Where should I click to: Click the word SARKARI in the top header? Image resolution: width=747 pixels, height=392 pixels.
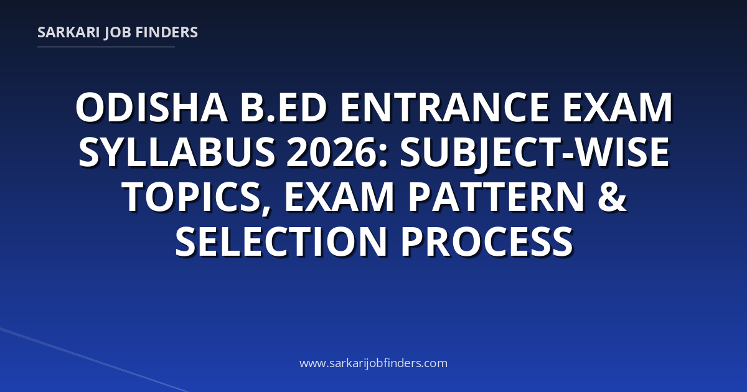point(68,32)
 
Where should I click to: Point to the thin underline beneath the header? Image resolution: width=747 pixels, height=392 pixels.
point(106,47)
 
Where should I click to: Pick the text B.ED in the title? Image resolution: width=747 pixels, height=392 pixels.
point(283,108)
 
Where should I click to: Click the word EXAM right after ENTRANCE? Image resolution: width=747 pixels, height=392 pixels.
point(618,108)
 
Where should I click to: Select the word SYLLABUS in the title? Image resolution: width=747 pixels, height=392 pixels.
point(177,152)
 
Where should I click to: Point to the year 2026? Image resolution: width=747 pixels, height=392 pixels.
point(333,152)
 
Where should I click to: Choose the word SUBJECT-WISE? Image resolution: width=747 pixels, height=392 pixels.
point(535,153)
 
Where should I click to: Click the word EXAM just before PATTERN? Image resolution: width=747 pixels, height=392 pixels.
point(339,197)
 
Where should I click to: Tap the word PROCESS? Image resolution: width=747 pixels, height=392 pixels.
point(487,241)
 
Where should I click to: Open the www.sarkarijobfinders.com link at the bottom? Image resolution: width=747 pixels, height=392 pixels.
point(374,363)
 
